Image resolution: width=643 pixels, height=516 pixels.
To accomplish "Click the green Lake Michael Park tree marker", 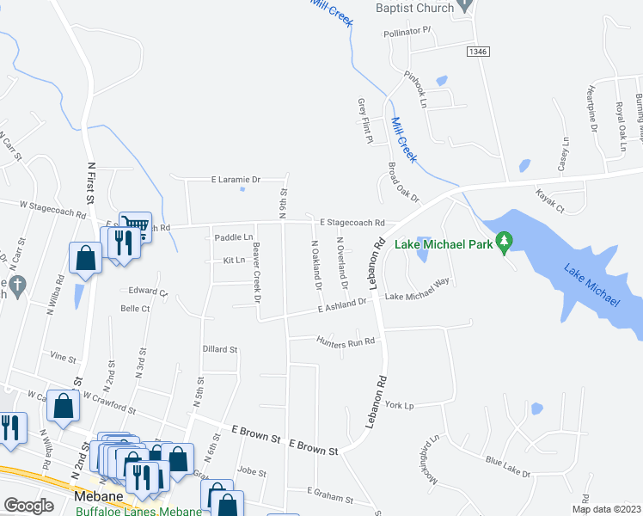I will pyautogui.click(x=506, y=243).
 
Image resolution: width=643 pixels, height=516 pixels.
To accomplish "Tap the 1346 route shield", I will pyautogui.click(x=478, y=52).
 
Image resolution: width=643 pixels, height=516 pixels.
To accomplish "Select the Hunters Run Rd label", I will pyautogui.click(x=347, y=341).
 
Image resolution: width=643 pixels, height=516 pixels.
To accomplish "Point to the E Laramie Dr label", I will pyautogui.click(x=236, y=180).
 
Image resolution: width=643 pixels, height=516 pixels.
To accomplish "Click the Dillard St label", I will pyautogui.click(x=219, y=349).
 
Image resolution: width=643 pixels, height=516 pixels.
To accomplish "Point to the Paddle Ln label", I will pyautogui.click(x=234, y=237).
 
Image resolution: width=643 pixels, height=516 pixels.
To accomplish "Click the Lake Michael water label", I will pyautogui.click(x=591, y=286).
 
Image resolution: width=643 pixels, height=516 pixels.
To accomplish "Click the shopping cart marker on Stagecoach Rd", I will pyautogui.click(x=135, y=225).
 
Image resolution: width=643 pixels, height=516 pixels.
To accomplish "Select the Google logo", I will pyautogui.click(x=28, y=505).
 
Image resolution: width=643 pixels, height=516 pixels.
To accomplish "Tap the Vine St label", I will pyautogui.click(x=64, y=355).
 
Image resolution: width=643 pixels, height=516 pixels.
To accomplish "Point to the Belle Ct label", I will pyautogui.click(x=135, y=308).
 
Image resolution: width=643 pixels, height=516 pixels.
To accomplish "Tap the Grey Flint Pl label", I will pyautogui.click(x=362, y=120).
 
